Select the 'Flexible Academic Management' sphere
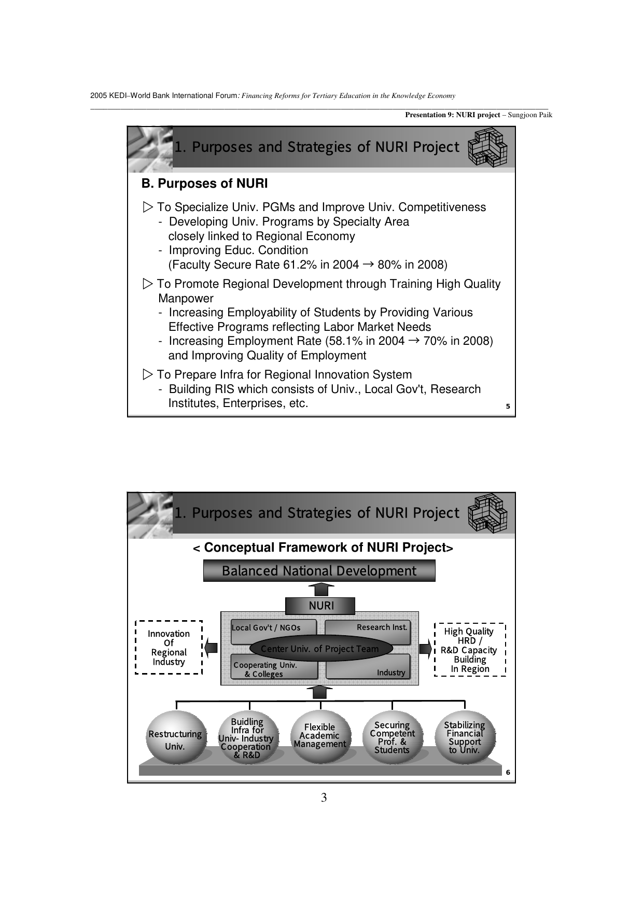tap(320, 736)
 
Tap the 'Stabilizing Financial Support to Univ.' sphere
tap(465, 737)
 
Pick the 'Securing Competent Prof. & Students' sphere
tap(392, 737)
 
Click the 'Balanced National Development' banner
tap(319, 571)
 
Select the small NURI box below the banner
tap(320, 606)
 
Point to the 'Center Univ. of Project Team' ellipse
tap(320, 649)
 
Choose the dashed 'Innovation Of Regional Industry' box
tap(169, 647)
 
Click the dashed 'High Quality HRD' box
tap(469, 650)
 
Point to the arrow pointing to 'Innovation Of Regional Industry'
tap(211, 648)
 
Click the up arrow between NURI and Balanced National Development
tap(321, 589)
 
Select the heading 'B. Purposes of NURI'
tap(205, 184)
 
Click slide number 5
tap(508, 407)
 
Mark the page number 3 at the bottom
tap(324, 797)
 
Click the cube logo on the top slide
tap(487, 147)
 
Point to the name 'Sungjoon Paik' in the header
tap(530, 115)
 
